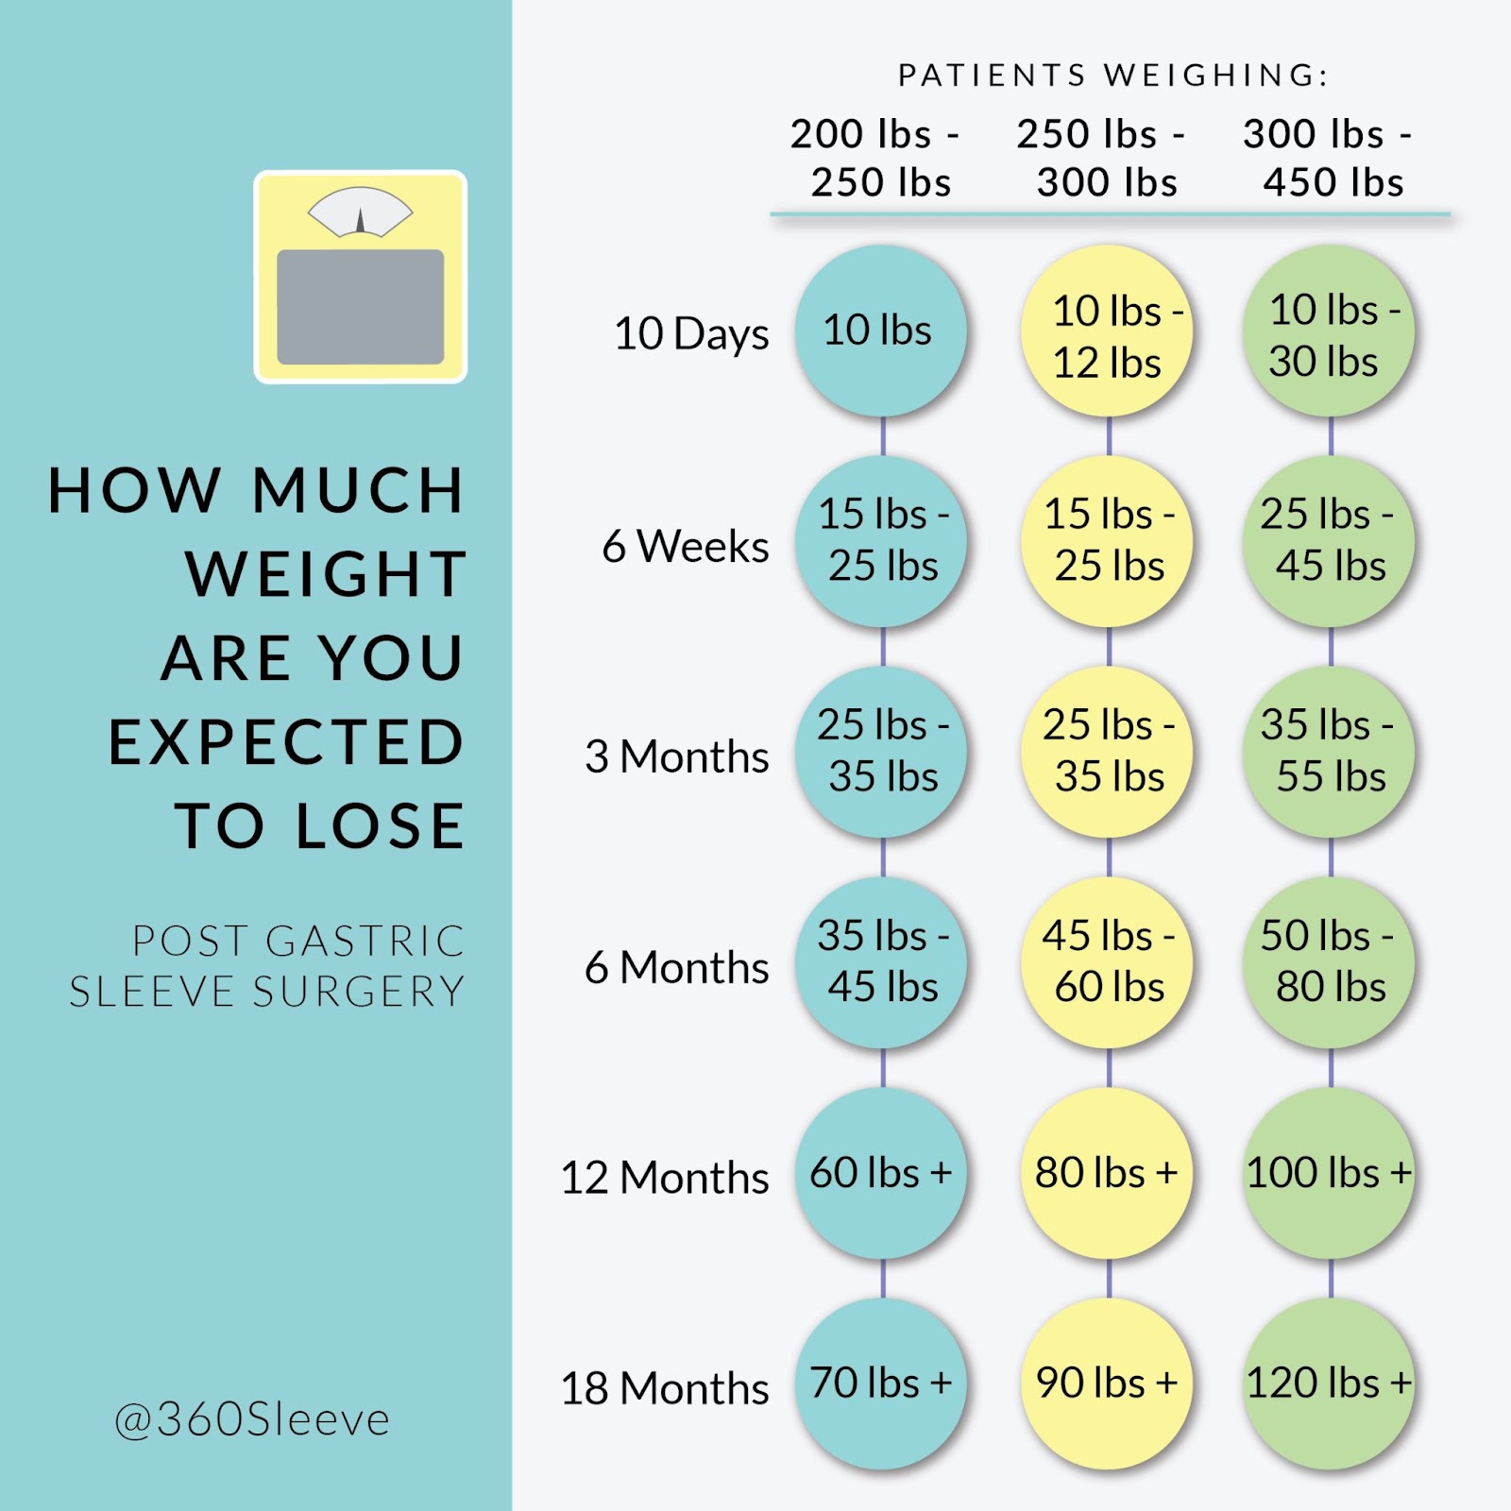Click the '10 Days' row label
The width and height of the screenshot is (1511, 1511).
click(691, 333)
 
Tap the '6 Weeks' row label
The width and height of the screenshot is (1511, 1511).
click(686, 546)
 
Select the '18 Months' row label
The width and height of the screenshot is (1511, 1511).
click(665, 1388)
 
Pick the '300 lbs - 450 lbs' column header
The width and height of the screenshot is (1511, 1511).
click(1330, 158)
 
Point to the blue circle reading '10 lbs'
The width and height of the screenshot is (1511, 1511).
click(880, 331)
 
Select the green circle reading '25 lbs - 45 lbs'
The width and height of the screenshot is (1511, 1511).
click(1330, 541)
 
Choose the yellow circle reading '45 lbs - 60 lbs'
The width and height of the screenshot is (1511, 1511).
click(1107, 962)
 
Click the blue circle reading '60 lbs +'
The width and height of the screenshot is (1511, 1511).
click(880, 1173)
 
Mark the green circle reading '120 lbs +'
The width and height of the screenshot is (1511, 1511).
click(1330, 1384)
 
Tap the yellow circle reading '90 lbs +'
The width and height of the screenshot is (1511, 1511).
click(1107, 1384)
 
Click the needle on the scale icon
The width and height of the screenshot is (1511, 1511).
click(360, 221)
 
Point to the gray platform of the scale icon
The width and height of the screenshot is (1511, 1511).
click(360, 307)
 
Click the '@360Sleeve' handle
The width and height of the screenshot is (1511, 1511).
click(252, 1419)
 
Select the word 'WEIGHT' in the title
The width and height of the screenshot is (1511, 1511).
click(326, 574)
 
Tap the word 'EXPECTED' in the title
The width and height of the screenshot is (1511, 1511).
click(286, 742)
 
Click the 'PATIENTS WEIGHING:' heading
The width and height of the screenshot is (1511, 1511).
click(1112, 76)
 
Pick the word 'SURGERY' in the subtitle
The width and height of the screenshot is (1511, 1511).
click(359, 992)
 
